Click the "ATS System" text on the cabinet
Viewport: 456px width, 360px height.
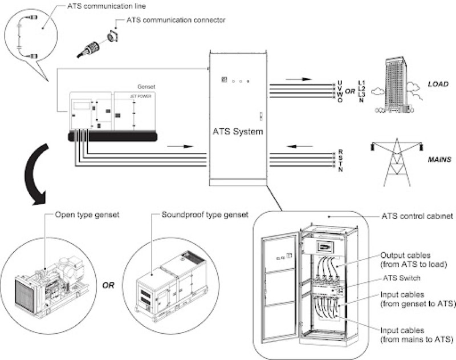coord(238,132)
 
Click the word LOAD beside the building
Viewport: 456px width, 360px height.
coord(438,84)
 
